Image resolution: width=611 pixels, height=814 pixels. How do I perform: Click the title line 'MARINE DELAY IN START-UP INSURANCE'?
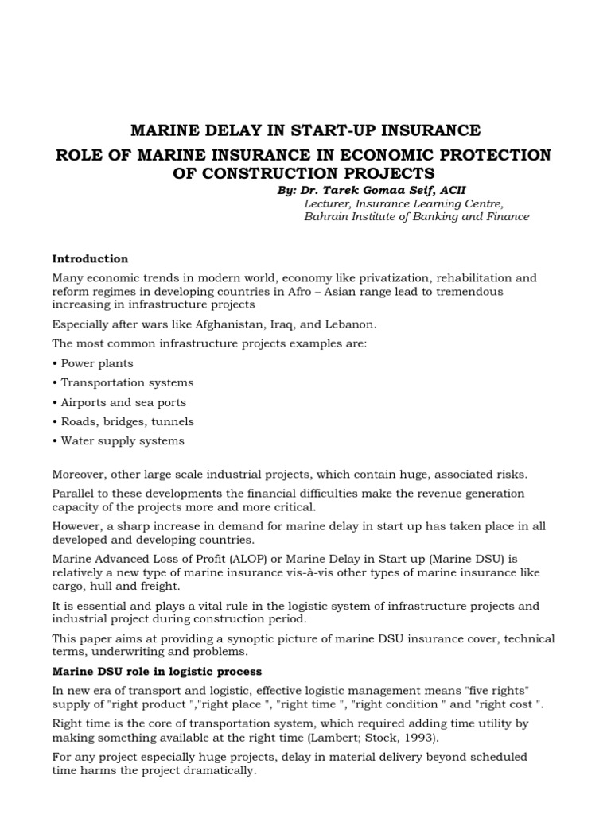tap(305, 130)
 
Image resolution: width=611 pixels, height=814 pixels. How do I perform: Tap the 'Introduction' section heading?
tap(90, 258)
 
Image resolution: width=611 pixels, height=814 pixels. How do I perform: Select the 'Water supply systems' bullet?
tap(118, 440)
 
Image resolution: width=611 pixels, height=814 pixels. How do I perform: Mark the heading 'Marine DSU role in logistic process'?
tap(157, 672)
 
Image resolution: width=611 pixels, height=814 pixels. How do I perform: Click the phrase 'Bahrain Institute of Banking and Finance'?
tap(417, 217)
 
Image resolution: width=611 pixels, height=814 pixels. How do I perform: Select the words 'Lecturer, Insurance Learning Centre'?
tap(403, 203)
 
